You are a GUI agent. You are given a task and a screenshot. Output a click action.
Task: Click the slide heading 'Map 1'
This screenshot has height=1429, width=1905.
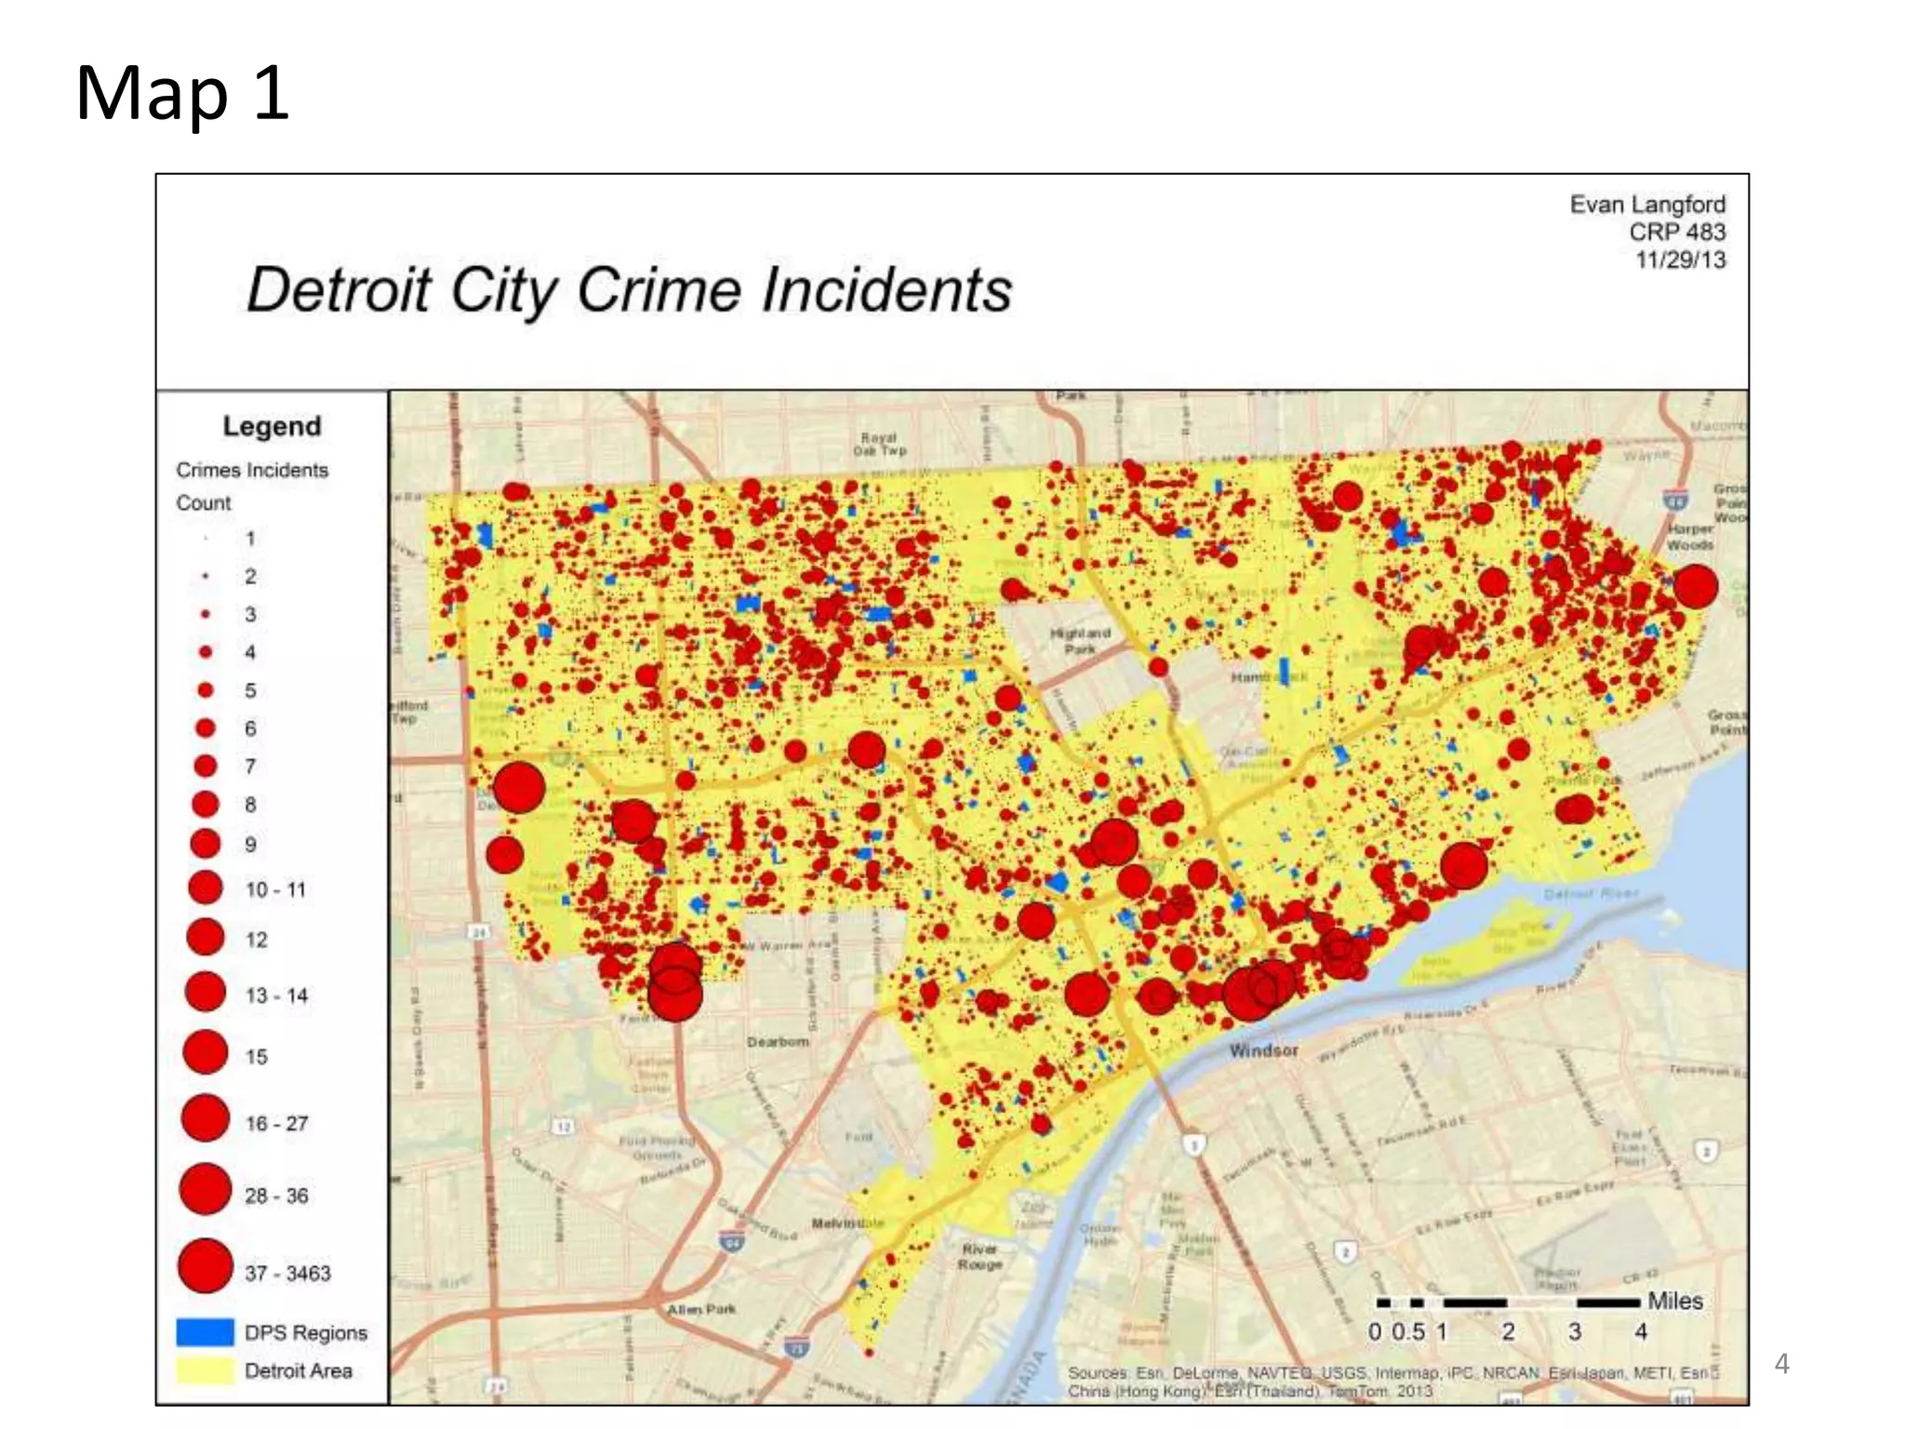182,93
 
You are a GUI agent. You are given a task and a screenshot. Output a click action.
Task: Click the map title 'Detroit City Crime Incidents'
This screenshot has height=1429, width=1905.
629,289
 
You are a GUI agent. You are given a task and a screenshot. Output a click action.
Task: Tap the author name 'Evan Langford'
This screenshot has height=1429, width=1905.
1646,205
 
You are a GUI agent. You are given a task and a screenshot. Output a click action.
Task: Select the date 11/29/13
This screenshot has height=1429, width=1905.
1680,260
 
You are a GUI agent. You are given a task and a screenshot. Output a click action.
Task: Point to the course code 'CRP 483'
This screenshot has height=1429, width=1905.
1676,233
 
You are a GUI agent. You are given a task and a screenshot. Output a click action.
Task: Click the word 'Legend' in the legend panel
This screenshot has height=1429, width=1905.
272,426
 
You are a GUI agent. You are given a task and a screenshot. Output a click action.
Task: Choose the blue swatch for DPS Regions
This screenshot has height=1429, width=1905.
205,1332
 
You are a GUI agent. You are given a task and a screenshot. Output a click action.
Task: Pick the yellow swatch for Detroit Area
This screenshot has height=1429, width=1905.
205,1370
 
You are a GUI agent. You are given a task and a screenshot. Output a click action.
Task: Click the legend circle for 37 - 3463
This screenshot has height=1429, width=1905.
205,1266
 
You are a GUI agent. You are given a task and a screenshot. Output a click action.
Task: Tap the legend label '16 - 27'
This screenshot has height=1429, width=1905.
276,1124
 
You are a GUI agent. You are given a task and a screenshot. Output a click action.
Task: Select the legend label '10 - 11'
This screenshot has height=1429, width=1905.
275,890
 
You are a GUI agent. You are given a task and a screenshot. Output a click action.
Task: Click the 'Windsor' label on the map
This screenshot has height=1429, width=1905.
1263,1050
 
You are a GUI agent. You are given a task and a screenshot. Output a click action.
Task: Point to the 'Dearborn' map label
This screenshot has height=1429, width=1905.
778,1042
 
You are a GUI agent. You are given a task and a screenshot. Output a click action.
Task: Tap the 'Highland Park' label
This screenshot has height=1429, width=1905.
1080,640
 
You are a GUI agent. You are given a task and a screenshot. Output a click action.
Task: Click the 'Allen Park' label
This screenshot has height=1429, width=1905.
701,1309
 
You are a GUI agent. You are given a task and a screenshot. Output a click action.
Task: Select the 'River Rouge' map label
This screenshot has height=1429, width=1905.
980,1256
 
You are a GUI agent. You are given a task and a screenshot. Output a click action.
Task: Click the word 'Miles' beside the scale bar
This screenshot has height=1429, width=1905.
1674,1301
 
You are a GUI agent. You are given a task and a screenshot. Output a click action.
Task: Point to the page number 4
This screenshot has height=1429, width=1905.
1781,1364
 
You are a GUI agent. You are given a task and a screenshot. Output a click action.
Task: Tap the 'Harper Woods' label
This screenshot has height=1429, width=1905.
1690,536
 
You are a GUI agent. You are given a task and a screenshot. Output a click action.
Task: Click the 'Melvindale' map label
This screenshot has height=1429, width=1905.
846,1222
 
